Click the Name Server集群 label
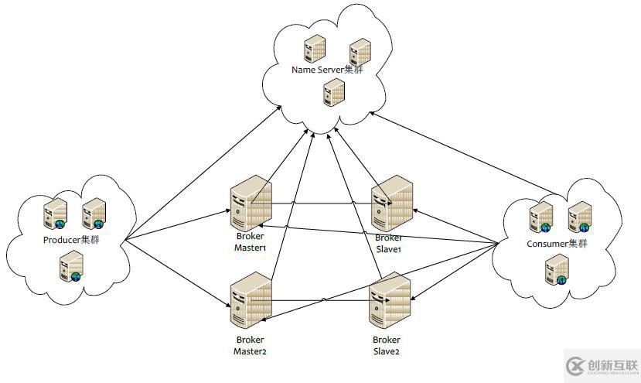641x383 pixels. [x=326, y=70]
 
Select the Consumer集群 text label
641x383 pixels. [x=557, y=244]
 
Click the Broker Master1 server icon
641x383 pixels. [x=251, y=202]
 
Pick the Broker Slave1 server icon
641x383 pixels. [x=393, y=203]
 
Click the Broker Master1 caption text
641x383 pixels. [x=250, y=242]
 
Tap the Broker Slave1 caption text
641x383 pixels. [x=389, y=244]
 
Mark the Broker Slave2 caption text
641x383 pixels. [x=387, y=345]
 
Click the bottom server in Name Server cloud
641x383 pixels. [x=334, y=94]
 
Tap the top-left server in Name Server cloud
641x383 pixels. [x=314, y=49]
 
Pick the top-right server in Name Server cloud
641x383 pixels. [x=359, y=53]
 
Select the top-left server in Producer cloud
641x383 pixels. [x=55, y=213]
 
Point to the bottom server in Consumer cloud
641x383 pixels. [x=556, y=270]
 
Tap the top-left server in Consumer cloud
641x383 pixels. [x=540, y=216]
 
